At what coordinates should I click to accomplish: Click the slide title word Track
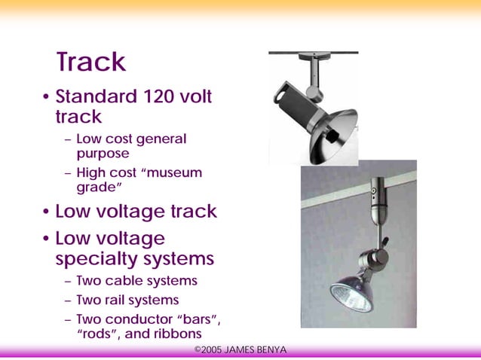pos(90,62)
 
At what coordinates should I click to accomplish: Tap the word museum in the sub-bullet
pos(174,172)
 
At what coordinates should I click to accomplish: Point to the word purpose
pos(103,153)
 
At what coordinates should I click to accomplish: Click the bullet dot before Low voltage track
pos(47,212)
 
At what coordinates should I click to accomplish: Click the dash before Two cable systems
pos(69,281)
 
